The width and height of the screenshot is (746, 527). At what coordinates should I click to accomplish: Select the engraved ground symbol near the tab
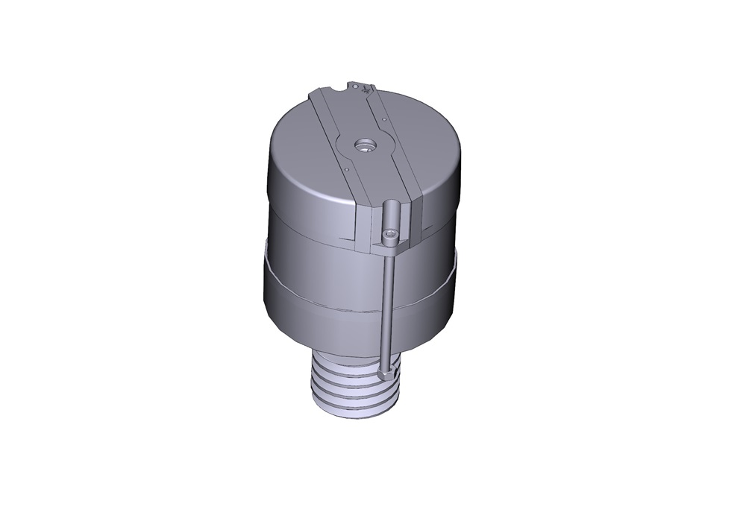click(x=368, y=92)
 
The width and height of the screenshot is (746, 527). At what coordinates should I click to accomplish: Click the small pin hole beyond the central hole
click(x=381, y=118)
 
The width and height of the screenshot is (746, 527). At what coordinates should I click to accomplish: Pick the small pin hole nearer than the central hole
click(x=348, y=168)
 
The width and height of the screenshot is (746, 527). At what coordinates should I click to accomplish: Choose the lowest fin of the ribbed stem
click(x=351, y=407)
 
